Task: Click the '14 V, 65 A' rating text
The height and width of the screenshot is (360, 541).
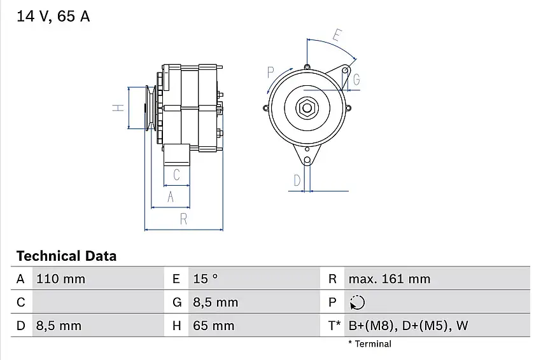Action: pos(53,16)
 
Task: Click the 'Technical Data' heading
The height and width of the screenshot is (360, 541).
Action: pos(67,256)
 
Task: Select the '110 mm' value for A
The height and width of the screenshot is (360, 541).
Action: pos(60,279)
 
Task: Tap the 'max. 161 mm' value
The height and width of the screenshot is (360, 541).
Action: pos(389,279)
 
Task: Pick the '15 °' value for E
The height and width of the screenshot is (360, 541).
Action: pos(206,279)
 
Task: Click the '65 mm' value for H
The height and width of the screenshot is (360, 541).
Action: pos(214,326)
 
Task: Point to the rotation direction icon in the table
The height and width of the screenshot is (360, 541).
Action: pos(357,302)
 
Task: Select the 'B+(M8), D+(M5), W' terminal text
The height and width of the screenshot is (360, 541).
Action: pos(408,326)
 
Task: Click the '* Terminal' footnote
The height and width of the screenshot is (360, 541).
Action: pos(370,344)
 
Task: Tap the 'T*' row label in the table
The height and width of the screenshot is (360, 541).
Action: pos(334,326)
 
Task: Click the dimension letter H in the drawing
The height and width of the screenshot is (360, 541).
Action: pos(118,107)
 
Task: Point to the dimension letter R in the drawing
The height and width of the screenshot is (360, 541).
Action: pos(183,219)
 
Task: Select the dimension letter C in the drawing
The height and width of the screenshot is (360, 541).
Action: pos(176,175)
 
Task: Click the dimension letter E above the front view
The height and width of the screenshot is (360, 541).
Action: pos(338,35)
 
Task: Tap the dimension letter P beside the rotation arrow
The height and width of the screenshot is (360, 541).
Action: pos(271,73)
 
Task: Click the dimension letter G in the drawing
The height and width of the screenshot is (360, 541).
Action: pos(356,80)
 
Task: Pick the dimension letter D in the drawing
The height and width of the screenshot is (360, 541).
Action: pos(297,180)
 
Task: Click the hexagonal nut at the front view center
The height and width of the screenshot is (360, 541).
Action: pos(307,108)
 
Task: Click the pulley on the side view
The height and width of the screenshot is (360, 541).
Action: pos(150,108)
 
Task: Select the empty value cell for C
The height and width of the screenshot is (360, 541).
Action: pos(98,302)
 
